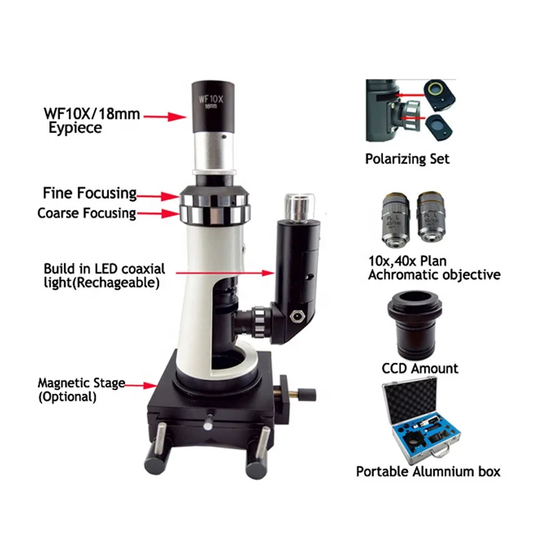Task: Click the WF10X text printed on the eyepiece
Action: click(x=210, y=98)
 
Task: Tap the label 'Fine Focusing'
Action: click(x=90, y=192)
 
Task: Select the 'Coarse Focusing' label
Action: click(x=86, y=213)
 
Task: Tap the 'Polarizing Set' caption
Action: click(x=406, y=159)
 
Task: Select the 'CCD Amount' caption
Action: click(x=420, y=368)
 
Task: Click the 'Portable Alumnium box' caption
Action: click(x=428, y=471)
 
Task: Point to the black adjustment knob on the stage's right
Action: click(x=307, y=395)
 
